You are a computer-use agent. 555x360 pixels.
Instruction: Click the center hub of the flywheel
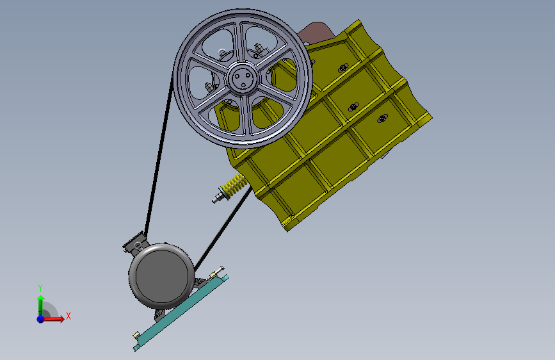point(243,78)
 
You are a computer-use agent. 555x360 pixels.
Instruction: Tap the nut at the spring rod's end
point(216,199)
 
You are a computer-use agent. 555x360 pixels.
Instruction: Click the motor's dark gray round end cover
point(162,275)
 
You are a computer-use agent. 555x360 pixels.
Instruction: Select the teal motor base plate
point(181,313)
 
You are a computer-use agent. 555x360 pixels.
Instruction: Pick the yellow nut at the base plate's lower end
point(136,334)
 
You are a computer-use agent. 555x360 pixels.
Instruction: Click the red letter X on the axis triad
point(68,316)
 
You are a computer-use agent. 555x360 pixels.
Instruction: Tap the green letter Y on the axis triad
point(40,288)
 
